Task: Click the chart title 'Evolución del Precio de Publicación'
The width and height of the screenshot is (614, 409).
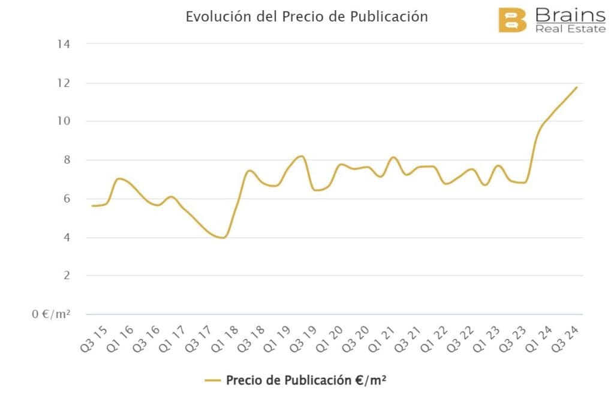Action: click(x=306, y=16)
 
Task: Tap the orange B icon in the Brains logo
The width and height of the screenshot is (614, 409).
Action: click(x=512, y=21)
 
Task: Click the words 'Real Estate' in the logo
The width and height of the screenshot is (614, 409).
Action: click(x=570, y=28)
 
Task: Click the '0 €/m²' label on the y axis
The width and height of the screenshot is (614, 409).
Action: click(x=52, y=314)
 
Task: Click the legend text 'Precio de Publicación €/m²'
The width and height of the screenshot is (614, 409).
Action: click(x=306, y=380)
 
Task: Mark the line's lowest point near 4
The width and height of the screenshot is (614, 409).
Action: click(x=223, y=238)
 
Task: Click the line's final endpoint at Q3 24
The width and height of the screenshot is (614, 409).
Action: click(x=577, y=87)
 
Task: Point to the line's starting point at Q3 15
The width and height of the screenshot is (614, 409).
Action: click(x=92, y=206)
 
